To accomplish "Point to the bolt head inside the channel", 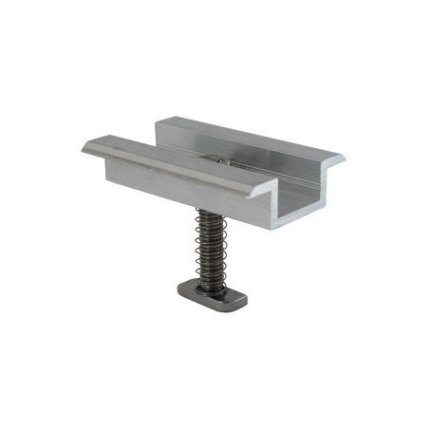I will [219, 162].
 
